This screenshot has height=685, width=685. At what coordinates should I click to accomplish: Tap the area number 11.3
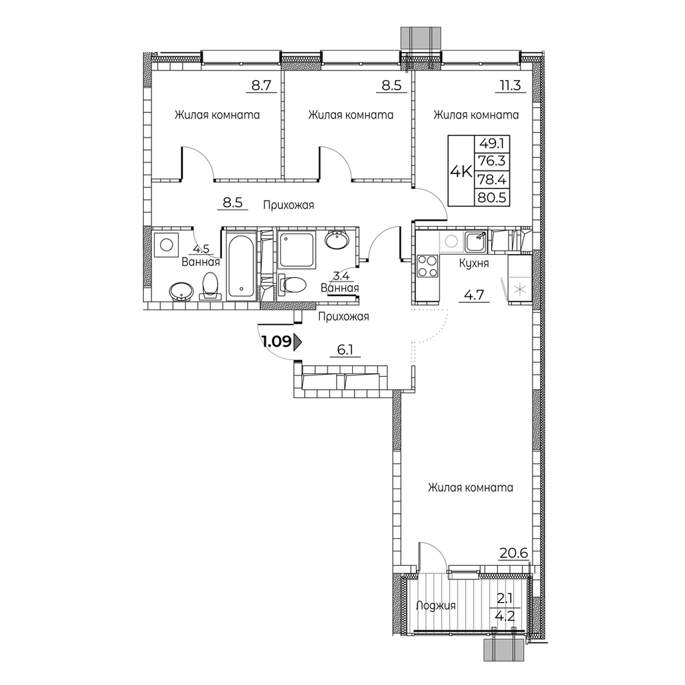[510, 85]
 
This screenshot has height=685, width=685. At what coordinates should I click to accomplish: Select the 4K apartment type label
[461, 172]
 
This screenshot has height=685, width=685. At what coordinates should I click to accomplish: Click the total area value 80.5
[492, 198]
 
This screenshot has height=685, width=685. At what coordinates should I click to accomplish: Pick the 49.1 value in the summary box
[492, 143]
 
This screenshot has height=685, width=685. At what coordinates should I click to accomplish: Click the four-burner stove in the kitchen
[427, 266]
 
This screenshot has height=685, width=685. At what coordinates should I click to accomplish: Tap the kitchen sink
[476, 242]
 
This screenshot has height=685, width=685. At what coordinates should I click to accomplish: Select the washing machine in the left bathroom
[166, 245]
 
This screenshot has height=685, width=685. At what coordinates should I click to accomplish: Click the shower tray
[296, 250]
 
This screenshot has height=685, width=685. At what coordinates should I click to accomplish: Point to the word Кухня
[473, 264]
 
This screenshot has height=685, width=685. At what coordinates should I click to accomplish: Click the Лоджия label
[436, 606]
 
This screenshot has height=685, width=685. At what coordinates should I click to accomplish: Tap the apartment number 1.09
[277, 340]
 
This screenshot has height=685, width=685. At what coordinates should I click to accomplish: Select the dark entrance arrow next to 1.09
[299, 341]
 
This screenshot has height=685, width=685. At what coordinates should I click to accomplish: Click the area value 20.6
[514, 553]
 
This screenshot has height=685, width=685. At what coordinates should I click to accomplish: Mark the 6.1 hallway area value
[345, 350]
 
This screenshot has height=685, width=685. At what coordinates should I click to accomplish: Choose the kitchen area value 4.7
[473, 295]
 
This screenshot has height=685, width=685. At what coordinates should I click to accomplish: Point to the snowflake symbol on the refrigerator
[520, 288]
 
